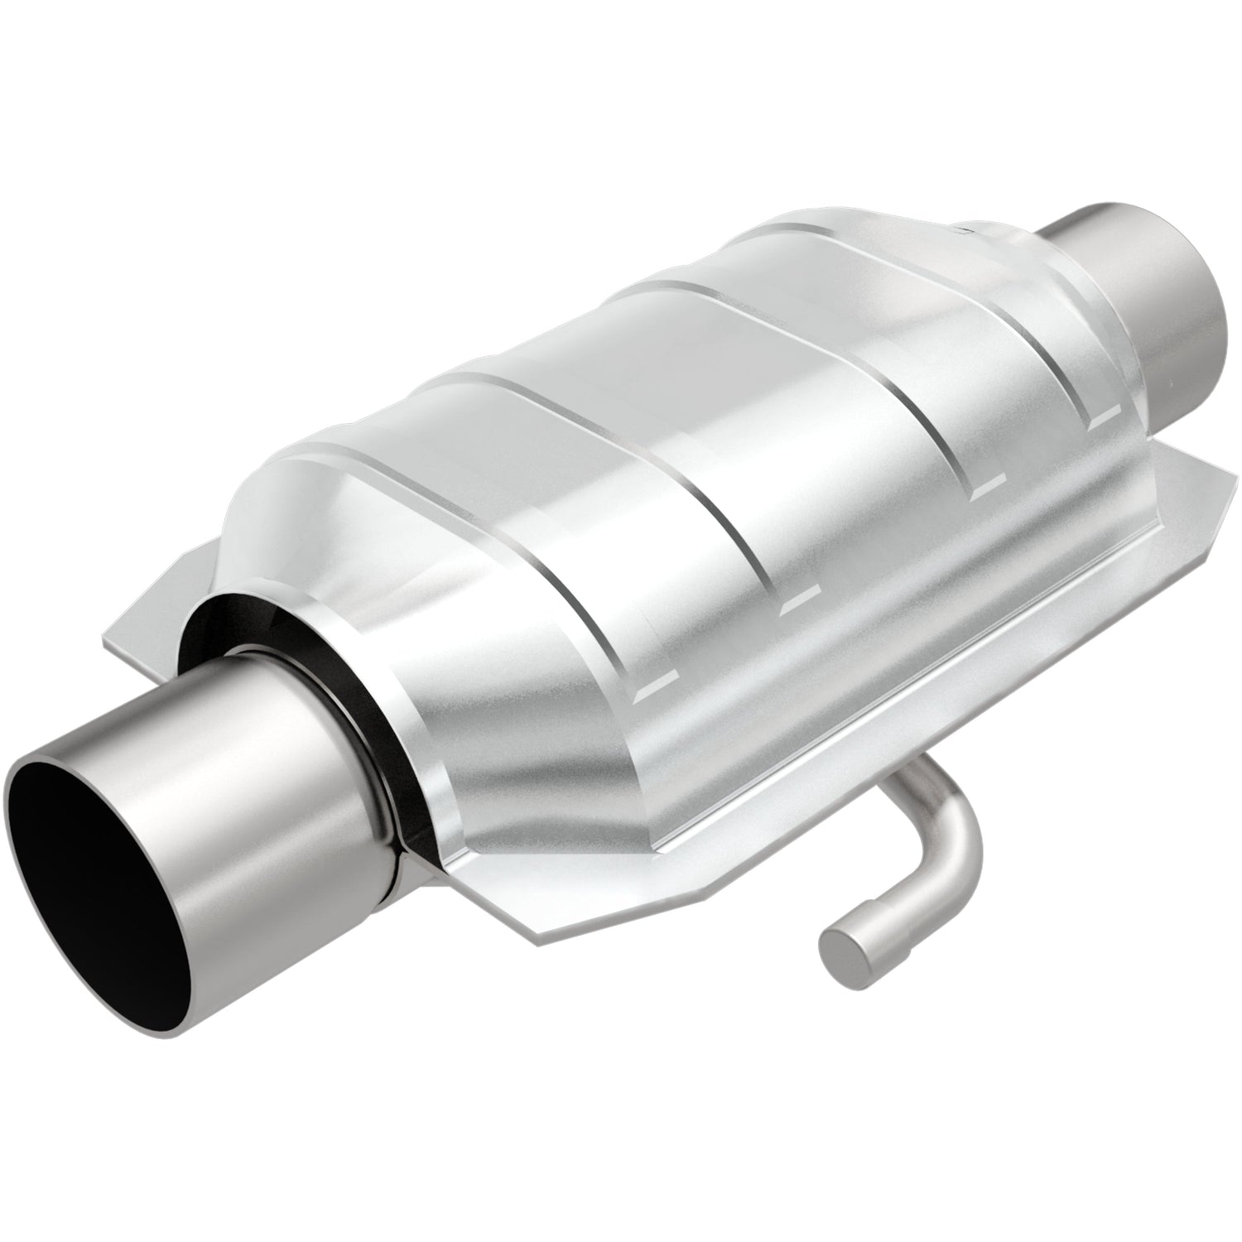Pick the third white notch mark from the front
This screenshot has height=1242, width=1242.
pyautogui.click(x=985, y=490)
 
